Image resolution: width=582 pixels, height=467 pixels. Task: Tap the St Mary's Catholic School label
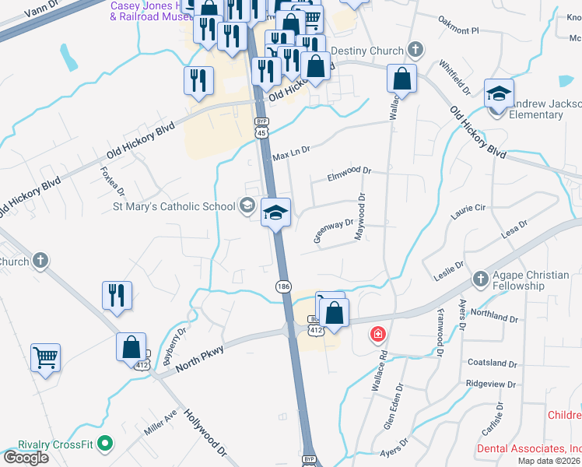pos(174,206)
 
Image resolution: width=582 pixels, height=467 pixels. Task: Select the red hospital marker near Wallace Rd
pos(378,335)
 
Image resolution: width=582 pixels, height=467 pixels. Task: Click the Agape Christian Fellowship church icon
pos(481,278)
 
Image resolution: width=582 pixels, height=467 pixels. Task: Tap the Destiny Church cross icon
pos(415,51)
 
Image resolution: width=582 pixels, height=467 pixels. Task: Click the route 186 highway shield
pos(283,287)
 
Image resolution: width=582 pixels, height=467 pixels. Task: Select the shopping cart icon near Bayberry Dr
pos(46,358)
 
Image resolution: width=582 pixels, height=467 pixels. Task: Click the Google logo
pos(26,458)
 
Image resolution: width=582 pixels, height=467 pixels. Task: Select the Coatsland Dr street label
pos(492,363)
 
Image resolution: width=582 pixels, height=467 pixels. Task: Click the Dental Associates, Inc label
pos(529,449)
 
